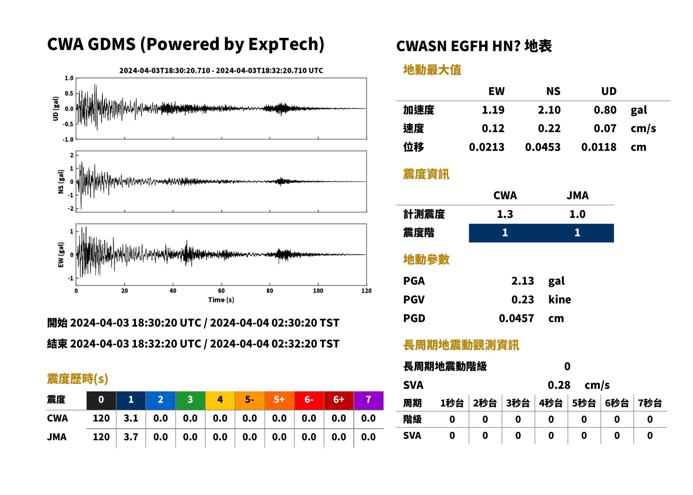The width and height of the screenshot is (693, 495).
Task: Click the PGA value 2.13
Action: coord(522,281)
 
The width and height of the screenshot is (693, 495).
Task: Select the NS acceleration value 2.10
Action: coord(549,110)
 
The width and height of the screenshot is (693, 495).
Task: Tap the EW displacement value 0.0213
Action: coord(486,147)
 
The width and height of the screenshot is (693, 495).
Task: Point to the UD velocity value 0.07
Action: coord(605,128)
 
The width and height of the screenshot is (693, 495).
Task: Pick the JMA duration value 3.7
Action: coord(131,437)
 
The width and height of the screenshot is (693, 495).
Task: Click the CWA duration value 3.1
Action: coord(131,418)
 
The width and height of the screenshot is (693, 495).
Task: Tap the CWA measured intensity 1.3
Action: coord(505,214)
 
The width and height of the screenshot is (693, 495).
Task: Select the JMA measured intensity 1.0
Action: coord(577,214)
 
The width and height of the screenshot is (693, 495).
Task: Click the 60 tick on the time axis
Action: coord(221,291)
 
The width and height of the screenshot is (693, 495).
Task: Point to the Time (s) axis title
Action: coord(221,300)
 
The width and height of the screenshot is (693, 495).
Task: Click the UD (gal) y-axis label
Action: coord(56,109)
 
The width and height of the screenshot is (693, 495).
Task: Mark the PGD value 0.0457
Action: coord(516,318)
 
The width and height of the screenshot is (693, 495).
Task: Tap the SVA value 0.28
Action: coord(559,385)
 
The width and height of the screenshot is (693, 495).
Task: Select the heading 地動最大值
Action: coord(432,70)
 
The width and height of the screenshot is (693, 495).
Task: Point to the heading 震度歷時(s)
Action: coord(78,379)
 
